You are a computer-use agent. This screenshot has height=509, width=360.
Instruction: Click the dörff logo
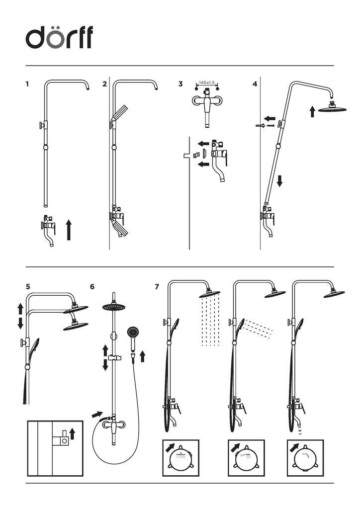click(x=59, y=38)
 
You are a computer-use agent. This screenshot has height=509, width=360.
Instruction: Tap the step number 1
click(x=27, y=84)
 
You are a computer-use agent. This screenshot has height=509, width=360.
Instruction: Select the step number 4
click(x=255, y=84)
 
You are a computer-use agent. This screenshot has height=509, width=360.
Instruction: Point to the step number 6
click(x=92, y=286)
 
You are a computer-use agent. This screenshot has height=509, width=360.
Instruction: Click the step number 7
click(x=157, y=286)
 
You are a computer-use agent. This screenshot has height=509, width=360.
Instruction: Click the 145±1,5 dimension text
click(x=206, y=83)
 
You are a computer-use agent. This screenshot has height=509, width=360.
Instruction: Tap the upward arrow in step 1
click(x=69, y=231)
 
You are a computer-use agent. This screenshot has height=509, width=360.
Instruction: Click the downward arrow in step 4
click(x=279, y=180)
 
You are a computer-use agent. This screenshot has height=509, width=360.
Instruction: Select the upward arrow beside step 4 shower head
click(x=312, y=111)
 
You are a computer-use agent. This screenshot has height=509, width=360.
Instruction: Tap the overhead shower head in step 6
click(x=115, y=307)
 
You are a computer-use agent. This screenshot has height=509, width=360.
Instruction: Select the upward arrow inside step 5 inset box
click(x=73, y=433)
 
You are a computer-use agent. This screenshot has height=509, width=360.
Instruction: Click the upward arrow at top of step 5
click(x=20, y=308)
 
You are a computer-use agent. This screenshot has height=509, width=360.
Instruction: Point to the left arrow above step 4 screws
click(x=270, y=119)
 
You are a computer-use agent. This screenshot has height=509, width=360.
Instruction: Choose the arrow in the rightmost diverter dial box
click(x=293, y=446)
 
